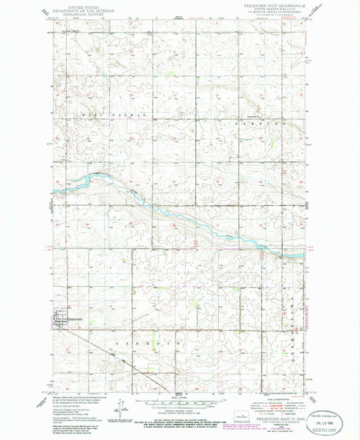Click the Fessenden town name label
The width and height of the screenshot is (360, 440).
[74, 318]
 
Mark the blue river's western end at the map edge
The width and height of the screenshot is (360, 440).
[54, 192]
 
